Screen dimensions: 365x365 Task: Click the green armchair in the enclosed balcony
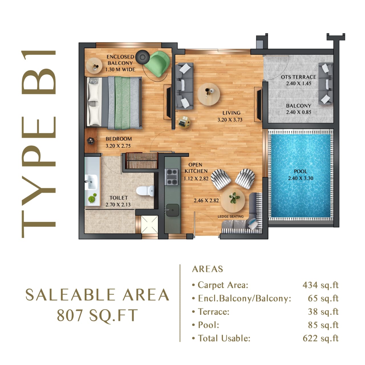157,64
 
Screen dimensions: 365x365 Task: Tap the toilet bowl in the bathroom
145,191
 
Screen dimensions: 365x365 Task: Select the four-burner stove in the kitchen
172,177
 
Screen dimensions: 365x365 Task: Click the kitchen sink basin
172,210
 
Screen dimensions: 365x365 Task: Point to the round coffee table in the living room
209,94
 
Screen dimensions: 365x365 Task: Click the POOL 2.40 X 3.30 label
300,175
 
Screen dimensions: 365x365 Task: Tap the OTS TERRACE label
299,77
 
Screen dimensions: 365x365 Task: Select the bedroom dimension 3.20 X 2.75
118,146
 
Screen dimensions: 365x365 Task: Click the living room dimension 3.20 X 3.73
230,120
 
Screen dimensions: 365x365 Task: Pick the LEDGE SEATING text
230,216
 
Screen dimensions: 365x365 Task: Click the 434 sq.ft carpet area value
320,285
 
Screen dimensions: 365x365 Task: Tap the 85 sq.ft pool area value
323,325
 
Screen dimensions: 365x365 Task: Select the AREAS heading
208,269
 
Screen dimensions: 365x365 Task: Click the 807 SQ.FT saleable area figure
97,316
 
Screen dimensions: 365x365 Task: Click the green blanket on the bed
122,103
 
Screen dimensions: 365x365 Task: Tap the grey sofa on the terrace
326,84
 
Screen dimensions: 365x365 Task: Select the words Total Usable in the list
224,338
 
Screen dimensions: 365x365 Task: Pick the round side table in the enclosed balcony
94,66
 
